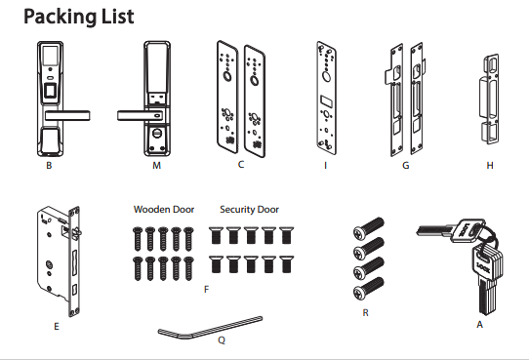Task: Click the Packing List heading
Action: click(x=79, y=17)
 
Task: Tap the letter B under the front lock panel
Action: click(x=49, y=166)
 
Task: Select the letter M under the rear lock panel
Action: click(x=157, y=166)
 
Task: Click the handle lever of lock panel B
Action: click(x=67, y=115)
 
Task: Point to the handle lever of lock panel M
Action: click(x=140, y=116)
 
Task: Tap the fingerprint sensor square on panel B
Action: click(x=51, y=92)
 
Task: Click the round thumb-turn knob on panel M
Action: click(x=157, y=133)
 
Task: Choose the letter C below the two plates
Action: click(x=241, y=165)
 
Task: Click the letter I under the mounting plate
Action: click(x=326, y=166)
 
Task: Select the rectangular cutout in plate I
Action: click(x=326, y=100)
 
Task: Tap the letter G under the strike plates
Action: click(x=406, y=166)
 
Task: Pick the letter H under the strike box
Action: click(x=490, y=166)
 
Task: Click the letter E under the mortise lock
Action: click(x=57, y=326)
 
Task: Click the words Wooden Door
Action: click(x=164, y=210)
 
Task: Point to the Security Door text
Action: click(x=249, y=210)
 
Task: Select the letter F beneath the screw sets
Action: click(x=207, y=289)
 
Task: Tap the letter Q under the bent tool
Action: click(x=222, y=340)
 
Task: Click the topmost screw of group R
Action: click(x=368, y=226)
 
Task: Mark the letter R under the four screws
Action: click(x=365, y=313)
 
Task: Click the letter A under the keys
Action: click(x=480, y=325)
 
